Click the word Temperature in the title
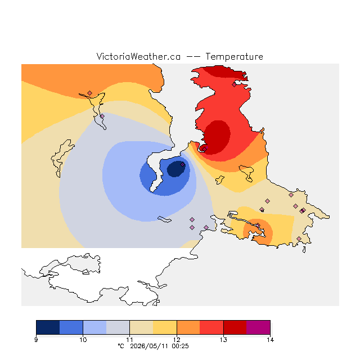[234, 56]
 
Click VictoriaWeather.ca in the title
[138, 56]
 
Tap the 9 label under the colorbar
[36, 340]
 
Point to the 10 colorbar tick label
[83, 340]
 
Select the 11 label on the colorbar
[130, 340]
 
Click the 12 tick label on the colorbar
[177, 340]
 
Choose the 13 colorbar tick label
[223, 340]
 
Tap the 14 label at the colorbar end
[270, 340]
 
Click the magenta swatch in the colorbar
[258, 327]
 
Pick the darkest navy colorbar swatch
[48, 327]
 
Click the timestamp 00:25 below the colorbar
[180, 346]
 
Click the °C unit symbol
[121, 346]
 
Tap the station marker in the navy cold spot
[182, 164]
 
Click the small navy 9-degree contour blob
[175, 169]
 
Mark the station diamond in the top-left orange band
[90, 93]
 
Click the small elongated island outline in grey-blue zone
[164, 219]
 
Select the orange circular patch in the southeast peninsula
[258, 232]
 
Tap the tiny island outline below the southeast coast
[304, 250]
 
